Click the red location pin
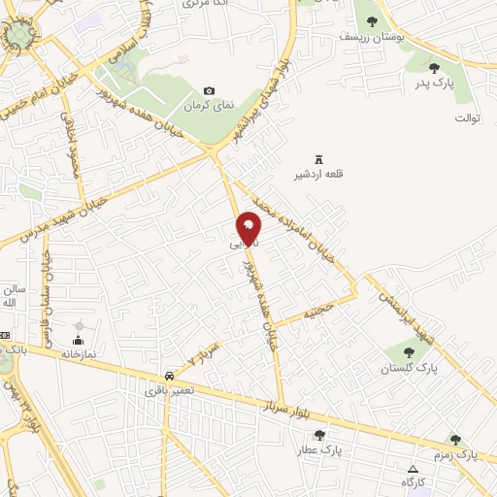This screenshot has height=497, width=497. point(248,227)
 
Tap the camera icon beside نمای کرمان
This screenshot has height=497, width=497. point(209,90)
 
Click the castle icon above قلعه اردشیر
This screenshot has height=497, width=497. point(316,159)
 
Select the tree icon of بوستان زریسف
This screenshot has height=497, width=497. point(373,21)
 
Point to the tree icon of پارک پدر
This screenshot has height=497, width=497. point(434,68)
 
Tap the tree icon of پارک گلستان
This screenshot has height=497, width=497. point(406,352)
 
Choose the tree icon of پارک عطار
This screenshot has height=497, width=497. point(320,435)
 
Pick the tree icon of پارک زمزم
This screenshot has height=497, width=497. point(455,440)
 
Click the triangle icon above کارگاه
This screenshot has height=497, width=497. point(413,468)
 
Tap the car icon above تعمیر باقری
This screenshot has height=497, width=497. point(170,375)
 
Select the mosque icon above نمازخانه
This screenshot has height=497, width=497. point(79,340)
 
